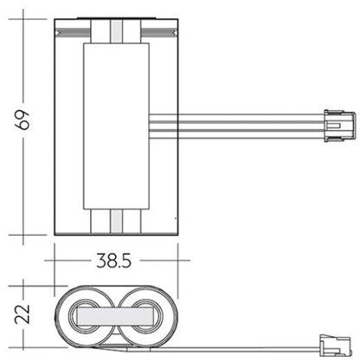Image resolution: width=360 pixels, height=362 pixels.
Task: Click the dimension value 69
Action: pyautogui.click(x=22, y=120)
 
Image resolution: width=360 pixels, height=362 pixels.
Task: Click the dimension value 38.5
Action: pyautogui.click(x=113, y=261)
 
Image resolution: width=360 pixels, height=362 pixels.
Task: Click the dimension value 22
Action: pyautogui.click(x=22, y=314)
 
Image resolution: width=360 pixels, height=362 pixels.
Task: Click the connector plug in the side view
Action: pyautogui.click(x=339, y=126)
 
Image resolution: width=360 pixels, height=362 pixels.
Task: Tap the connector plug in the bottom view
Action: pyautogui.click(x=335, y=345)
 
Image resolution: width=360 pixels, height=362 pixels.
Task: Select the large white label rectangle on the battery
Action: pyautogui.click(x=116, y=126)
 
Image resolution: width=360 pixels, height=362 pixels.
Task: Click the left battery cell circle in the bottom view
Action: pyautogui.click(x=86, y=316)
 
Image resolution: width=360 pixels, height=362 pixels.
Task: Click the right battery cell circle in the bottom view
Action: pyautogui.click(x=146, y=316)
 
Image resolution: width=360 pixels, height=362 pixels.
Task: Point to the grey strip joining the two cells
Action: pyautogui.click(x=115, y=316)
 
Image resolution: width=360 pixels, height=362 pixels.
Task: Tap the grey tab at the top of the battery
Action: pyautogui.click(x=116, y=31)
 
